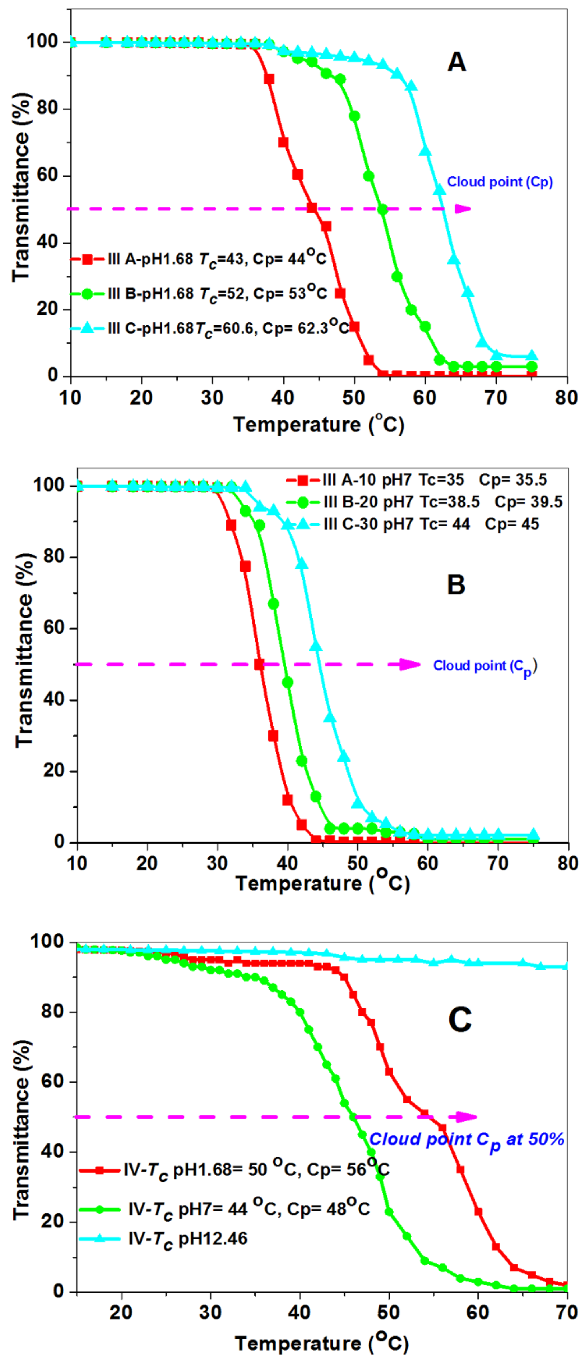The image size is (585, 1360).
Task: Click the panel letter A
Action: point(457,62)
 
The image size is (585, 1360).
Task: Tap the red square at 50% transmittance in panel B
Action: point(259,665)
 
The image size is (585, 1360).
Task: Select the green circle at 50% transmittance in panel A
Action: point(383,209)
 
